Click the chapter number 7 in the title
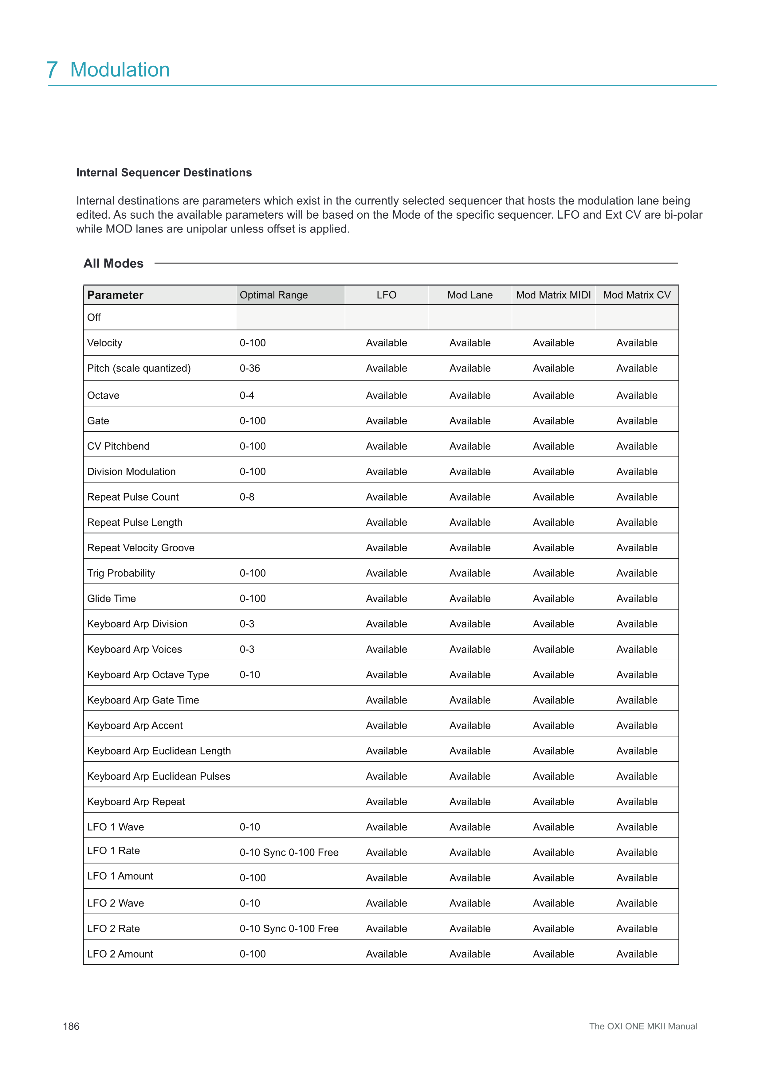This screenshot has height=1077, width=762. [x=52, y=70]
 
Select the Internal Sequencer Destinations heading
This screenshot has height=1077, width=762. [x=164, y=173]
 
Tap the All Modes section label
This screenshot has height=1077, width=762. [x=114, y=263]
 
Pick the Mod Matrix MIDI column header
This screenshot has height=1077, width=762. [x=553, y=295]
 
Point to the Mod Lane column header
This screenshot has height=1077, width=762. [x=470, y=295]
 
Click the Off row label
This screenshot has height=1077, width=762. [x=94, y=318]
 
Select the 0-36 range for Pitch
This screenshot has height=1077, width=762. [x=249, y=368]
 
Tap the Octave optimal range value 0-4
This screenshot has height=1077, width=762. [x=247, y=396]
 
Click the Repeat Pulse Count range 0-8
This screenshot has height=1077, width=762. [x=247, y=497]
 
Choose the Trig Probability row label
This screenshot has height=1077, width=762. [x=121, y=573]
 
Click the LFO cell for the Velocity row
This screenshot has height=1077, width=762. [x=386, y=343]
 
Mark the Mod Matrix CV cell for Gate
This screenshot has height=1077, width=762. [x=637, y=421]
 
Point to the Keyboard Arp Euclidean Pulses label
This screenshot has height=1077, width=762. [x=159, y=776]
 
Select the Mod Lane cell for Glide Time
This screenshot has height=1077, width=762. [x=470, y=599]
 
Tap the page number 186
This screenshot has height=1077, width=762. [x=71, y=1026]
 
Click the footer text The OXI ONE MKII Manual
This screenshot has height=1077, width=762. [x=643, y=1026]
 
